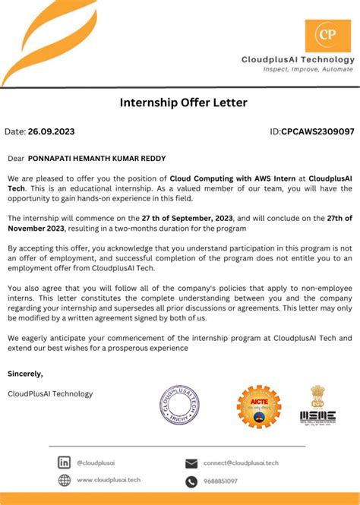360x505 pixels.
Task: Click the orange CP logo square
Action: tap(328, 36)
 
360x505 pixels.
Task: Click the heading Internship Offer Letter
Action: tap(183, 102)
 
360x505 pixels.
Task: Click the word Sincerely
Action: tap(26, 374)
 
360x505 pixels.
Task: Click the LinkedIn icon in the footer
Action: tap(65, 462)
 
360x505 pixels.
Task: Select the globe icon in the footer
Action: tap(65, 480)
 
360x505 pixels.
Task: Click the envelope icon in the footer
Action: tap(191, 463)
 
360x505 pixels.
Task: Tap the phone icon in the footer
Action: tap(191, 481)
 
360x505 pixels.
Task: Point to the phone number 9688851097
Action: tap(220, 481)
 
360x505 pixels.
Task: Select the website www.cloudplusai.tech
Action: tap(109, 480)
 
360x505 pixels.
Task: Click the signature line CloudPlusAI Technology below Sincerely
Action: tap(50, 393)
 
